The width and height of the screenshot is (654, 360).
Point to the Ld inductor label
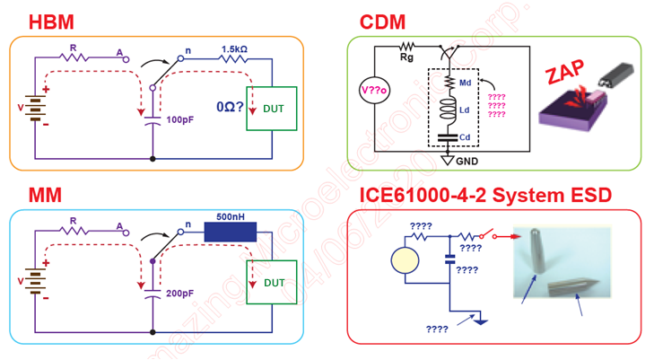466,111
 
